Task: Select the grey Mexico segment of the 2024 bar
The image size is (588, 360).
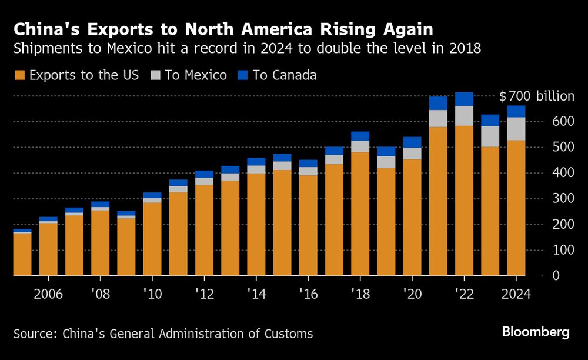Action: coord(516,129)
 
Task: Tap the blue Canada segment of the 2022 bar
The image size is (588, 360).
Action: coord(464,99)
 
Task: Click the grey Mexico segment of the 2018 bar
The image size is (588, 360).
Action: coord(360,146)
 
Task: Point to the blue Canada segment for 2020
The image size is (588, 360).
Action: coord(412,142)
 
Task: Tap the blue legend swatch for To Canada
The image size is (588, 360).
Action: coord(243,75)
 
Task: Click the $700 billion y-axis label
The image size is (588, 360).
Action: coord(536,96)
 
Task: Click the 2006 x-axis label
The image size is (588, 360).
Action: coord(48,294)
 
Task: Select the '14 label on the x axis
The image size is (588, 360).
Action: coord(256,294)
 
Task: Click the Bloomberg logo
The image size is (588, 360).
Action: coord(535,332)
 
